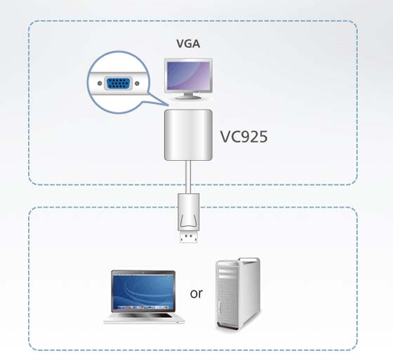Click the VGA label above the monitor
point(188,44)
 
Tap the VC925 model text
point(244,137)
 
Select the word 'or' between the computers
point(196,293)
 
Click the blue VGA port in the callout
point(119,84)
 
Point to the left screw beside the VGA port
point(100,84)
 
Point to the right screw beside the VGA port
point(137,84)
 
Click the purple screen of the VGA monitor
point(189,76)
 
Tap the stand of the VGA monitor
point(189,95)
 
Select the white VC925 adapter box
point(188,135)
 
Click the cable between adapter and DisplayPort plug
point(188,177)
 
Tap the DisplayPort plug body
point(189,212)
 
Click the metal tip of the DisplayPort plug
point(189,236)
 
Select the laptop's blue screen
point(143,292)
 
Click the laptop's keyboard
point(144,316)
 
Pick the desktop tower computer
point(238,294)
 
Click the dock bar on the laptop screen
point(143,307)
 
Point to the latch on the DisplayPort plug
point(189,220)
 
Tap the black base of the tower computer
point(227,326)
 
